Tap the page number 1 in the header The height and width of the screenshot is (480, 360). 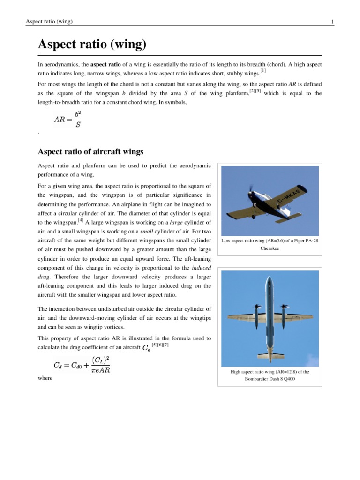click(332, 22)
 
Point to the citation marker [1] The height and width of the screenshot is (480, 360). click(263, 71)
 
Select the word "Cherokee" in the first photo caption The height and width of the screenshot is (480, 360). click(270, 248)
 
